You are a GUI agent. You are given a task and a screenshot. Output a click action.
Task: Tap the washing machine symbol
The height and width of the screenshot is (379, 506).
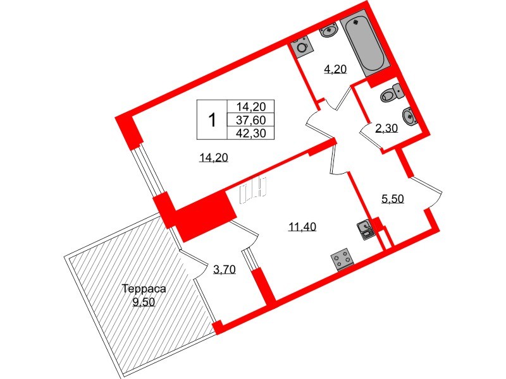pyautogui.click(x=301, y=47)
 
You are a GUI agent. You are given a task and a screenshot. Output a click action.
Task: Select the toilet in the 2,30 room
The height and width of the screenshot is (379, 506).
pyautogui.click(x=390, y=93)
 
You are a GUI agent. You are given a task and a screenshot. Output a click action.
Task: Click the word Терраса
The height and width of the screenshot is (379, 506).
pyautogui.click(x=144, y=289)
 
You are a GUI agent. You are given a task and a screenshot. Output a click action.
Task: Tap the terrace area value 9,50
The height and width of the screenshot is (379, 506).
pyautogui.click(x=144, y=302)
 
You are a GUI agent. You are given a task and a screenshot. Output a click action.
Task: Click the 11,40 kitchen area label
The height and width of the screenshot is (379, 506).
pyautogui.click(x=302, y=227)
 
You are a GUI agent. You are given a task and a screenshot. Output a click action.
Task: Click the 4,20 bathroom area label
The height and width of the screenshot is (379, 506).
pyautogui.click(x=335, y=70)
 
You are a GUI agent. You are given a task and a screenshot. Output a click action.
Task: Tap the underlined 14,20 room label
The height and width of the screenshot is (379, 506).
pyautogui.click(x=212, y=158)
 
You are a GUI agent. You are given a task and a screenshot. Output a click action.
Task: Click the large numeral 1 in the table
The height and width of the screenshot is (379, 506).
pyautogui.click(x=213, y=119)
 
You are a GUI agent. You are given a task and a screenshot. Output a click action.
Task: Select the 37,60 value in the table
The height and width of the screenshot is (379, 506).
pyautogui.click(x=251, y=120)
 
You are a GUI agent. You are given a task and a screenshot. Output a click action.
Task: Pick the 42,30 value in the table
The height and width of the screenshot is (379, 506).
pyautogui.click(x=251, y=133)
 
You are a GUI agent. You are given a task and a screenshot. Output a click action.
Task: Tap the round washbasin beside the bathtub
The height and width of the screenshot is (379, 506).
pyautogui.click(x=329, y=31)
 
